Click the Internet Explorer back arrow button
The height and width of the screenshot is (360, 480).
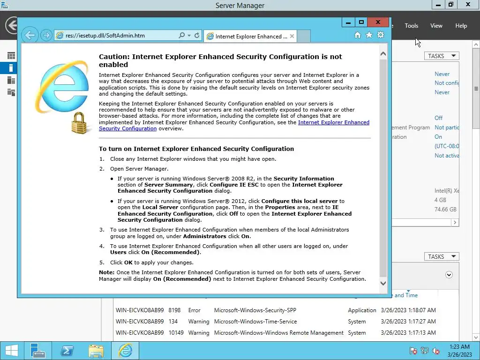pos(30,35)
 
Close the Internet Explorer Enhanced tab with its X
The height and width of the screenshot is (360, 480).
pos(292,36)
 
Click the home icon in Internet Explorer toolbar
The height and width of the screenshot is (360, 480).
pos(357,35)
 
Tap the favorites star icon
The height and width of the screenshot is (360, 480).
pos(369,35)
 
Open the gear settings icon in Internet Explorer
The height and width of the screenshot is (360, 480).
pos(381,35)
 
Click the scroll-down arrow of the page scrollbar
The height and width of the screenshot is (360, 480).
pos(383,283)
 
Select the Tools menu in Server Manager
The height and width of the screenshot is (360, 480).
pos(411,26)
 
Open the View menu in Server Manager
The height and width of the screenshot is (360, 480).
pos(436,26)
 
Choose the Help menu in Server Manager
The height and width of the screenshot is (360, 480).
pos(461,26)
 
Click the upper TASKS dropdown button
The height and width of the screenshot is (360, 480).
pos(442,56)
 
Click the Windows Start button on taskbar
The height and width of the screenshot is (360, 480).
pos(11,351)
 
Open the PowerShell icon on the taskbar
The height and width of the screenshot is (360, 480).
pos(67,351)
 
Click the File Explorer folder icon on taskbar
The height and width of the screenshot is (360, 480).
pos(96,351)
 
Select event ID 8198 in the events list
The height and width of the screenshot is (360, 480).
pos(174,310)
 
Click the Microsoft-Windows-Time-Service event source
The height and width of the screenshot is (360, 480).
pos(255,322)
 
